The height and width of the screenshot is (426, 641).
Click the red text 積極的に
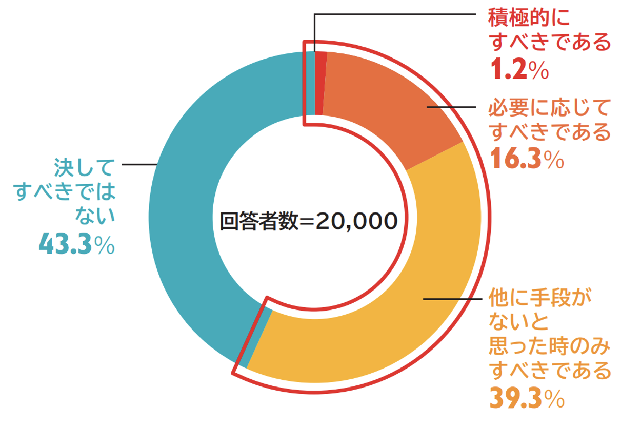[528, 20]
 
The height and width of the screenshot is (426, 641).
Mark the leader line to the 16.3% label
[452, 107]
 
